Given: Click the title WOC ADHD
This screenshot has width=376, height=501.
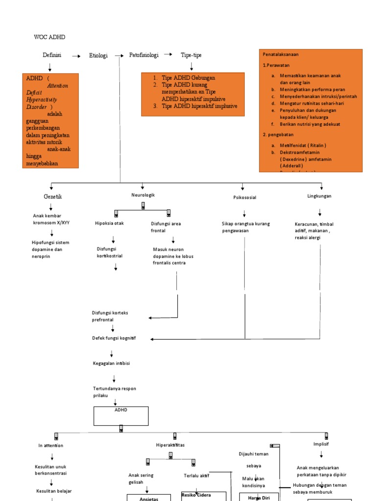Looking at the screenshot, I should (x=49, y=37).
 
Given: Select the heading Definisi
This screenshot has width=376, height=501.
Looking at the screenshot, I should (x=52, y=55).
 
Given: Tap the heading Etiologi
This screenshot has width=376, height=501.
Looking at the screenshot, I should (x=98, y=56).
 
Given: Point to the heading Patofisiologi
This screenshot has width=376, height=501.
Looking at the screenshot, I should (x=143, y=55).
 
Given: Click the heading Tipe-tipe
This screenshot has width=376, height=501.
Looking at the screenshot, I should (x=191, y=55).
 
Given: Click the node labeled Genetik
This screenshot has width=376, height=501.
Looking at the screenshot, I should (x=53, y=197).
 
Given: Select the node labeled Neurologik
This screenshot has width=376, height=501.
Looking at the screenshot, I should (x=143, y=195).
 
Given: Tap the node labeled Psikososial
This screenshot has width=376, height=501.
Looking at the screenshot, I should (x=245, y=198).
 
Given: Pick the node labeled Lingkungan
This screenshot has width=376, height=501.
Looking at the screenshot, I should (x=319, y=196).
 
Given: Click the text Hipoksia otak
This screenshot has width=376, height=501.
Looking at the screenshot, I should (x=109, y=224).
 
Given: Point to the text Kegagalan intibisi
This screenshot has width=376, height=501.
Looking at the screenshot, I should (x=111, y=364).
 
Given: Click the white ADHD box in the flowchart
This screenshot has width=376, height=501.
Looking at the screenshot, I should (x=121, y=415).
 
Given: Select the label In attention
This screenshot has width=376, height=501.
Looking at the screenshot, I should (x=50, y=446).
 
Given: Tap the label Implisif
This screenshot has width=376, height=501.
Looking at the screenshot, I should (x=321, y=444).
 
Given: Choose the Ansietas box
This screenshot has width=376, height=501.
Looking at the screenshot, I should (x=149, y=498).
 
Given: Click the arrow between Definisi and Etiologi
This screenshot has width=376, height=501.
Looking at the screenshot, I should (x=76, y=56).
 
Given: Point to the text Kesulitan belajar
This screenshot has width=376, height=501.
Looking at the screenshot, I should (x=55, y=491).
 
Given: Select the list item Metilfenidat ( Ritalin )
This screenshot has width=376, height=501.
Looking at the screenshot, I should (x=303, y=145).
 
